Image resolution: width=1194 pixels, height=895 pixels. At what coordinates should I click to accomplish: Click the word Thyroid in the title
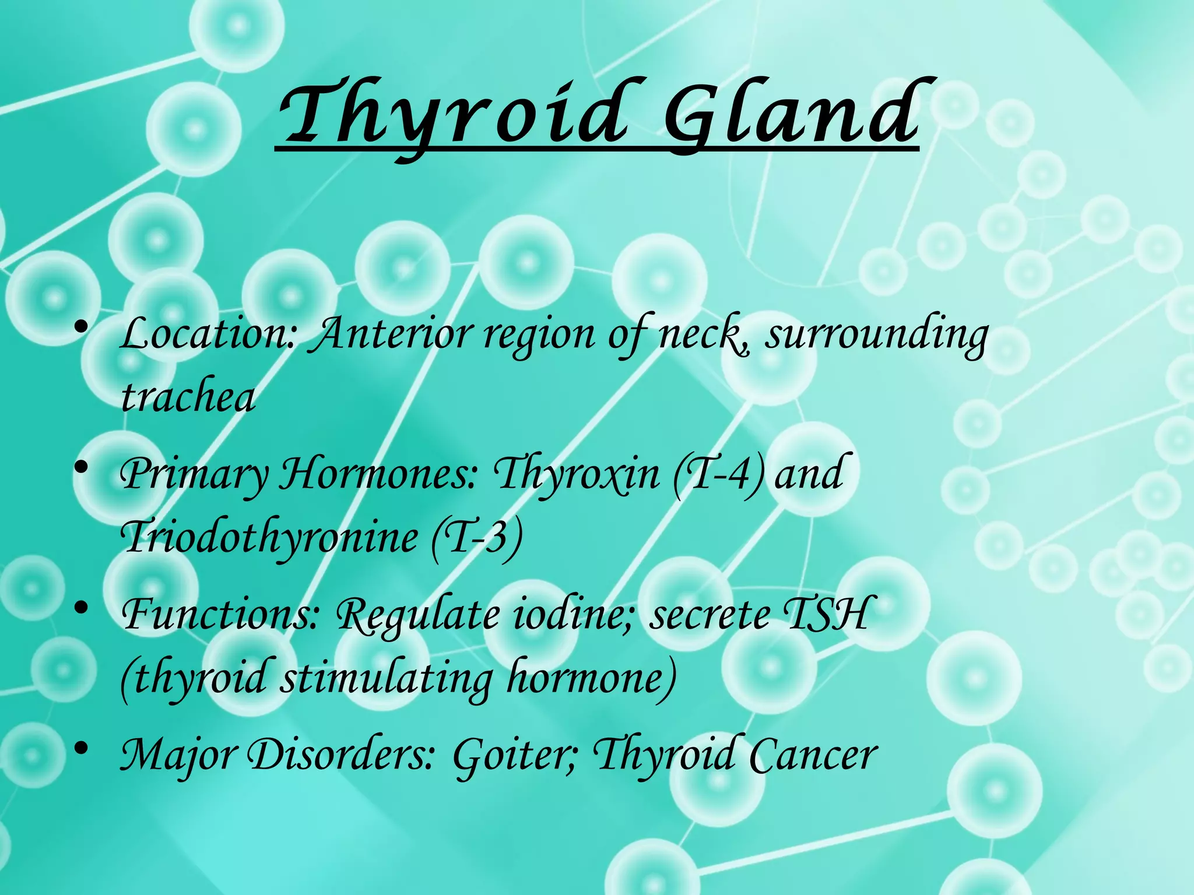(452, 114)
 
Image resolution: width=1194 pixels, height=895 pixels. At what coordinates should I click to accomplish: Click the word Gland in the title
(791, 114)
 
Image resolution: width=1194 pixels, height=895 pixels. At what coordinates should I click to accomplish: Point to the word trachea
(188, 397)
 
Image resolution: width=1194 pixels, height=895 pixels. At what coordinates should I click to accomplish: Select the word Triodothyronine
(269, 537)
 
